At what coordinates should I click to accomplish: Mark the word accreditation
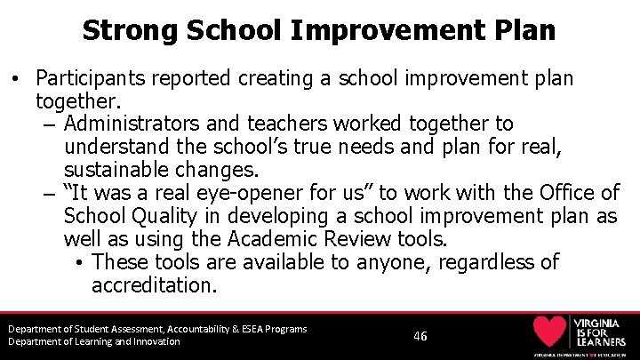click(x=154, y=285)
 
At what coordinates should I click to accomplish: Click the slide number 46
click(x=420, y=336)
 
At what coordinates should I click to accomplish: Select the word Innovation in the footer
click(x=154, y=341)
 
